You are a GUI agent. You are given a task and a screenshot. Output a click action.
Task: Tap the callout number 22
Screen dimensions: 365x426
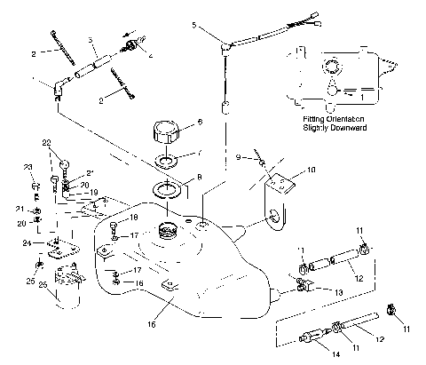45,141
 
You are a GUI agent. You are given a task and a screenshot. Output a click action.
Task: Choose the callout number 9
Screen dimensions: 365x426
239,156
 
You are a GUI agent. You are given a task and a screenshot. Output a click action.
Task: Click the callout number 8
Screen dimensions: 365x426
199,177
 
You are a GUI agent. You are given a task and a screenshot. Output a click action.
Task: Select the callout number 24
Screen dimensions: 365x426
28,242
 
